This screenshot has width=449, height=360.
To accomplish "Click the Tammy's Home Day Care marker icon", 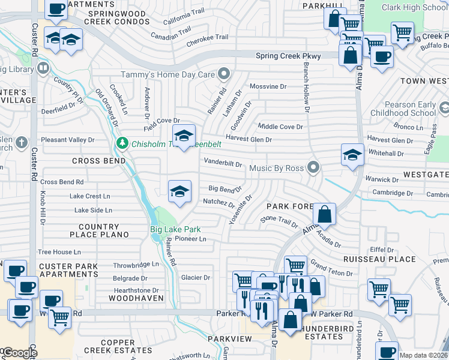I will (x=224, y=74).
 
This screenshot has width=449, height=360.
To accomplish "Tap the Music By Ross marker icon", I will (x=312, y=167).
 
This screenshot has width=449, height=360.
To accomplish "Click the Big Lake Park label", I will (x=175, y=229).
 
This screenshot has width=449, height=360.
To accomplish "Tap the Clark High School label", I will (x=414, y=7).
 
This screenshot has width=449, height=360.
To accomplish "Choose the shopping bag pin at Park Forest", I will (x=324, y=214).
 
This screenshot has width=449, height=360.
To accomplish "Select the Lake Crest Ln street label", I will (x=90, y=196).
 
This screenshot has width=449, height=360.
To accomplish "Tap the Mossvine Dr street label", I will (x=268, y=86).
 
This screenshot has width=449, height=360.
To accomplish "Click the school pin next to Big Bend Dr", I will (x=179, y=191).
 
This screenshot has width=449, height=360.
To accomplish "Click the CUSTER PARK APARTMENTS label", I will (x=68, y=270).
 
